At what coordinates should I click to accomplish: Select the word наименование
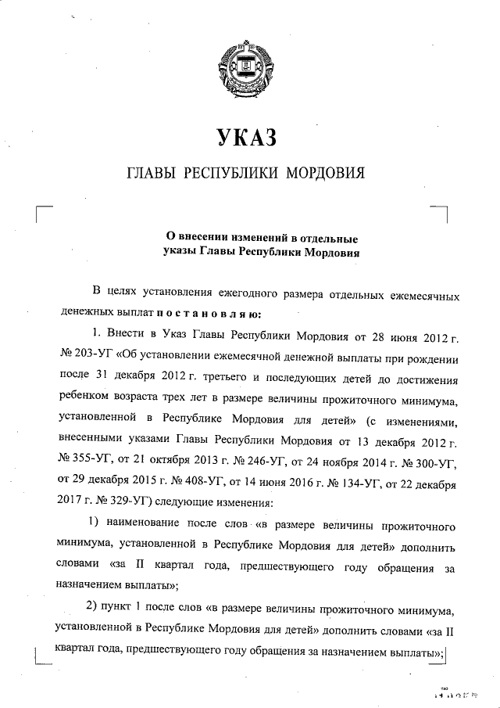point(148,522)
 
